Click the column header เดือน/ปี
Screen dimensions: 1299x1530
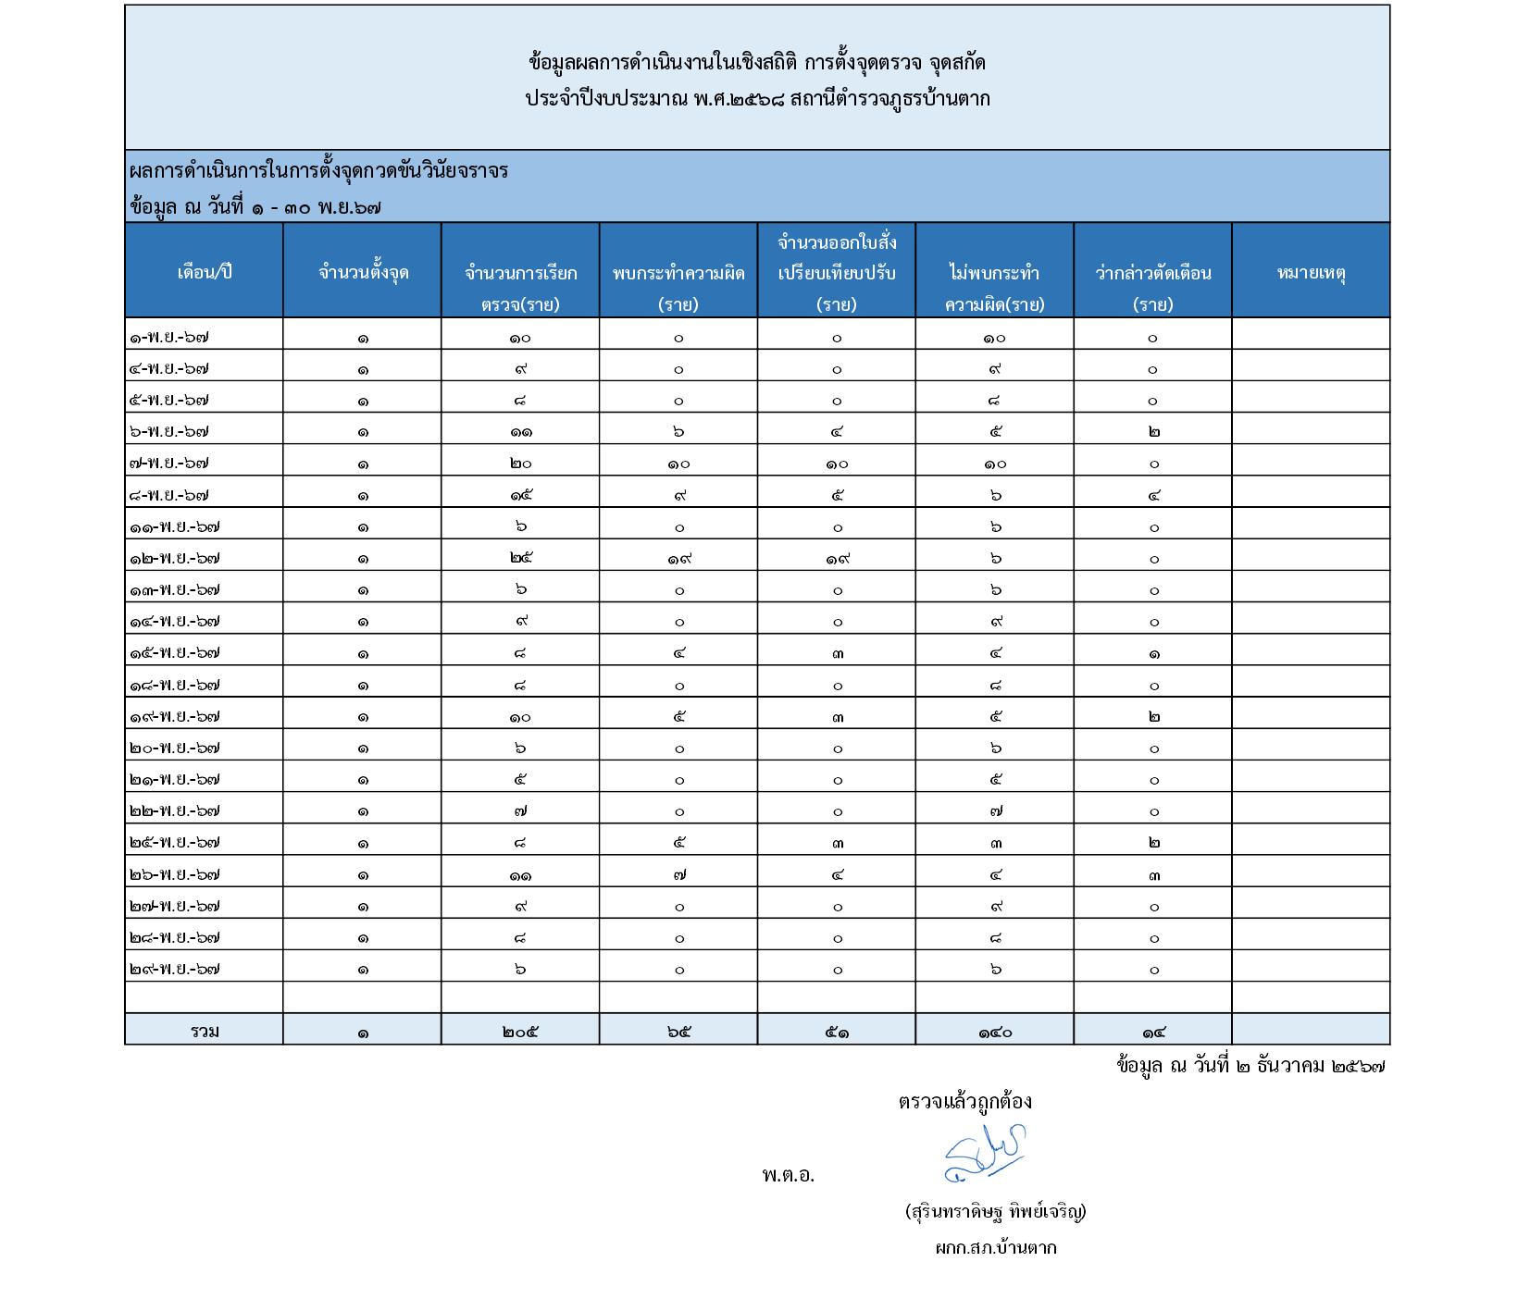[x=205, y=272]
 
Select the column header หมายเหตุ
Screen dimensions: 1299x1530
[x=1311, y=272]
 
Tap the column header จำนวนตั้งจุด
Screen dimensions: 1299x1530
[x=363, y=272]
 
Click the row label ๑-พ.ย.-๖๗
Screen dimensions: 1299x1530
[x=169, y=338]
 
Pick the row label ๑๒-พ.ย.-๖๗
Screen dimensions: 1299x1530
[x=175, y=559]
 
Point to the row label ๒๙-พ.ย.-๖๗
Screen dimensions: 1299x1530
[x=175, y=970]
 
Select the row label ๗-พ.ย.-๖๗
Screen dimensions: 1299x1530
[x=169, y=464]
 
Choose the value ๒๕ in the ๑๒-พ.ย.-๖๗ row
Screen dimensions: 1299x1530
[x=520, y=558]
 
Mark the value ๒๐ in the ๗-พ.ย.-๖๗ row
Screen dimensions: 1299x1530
[x=520, y=464]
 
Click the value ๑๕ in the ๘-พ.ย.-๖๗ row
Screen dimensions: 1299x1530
[x=520, y=495]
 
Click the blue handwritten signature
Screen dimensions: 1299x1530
[x=985, y=1153]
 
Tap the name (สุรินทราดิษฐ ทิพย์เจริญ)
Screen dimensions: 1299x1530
[x=995, y=1211]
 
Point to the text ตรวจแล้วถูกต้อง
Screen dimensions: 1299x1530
[x=964, y=1102]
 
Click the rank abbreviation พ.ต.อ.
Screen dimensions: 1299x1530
[x=788, y=1176]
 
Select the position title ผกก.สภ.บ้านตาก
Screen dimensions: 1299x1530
[x=995, y=1248]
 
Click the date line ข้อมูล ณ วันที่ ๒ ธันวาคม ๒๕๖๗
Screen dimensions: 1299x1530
[x=1250, y=1066]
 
